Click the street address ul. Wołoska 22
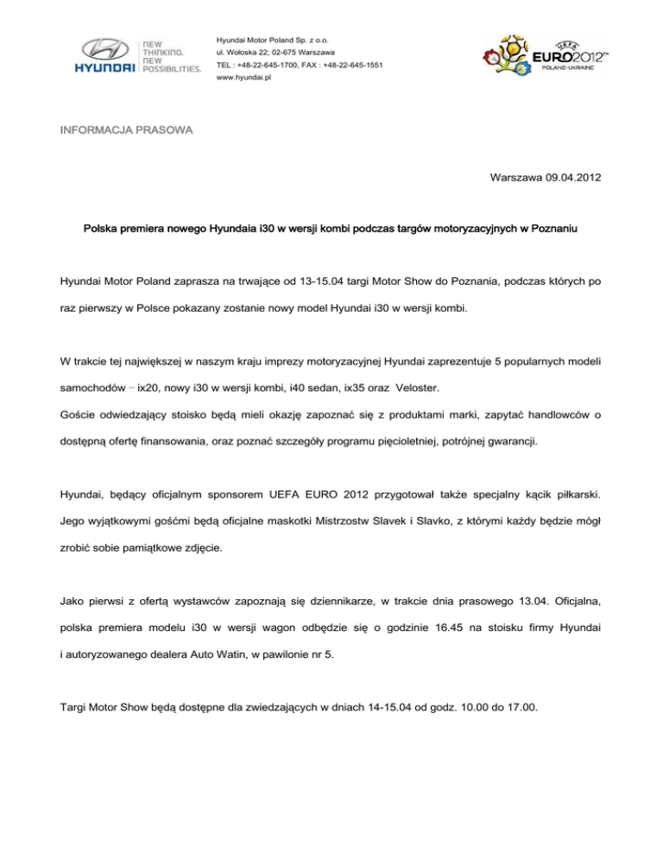[249, 54]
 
